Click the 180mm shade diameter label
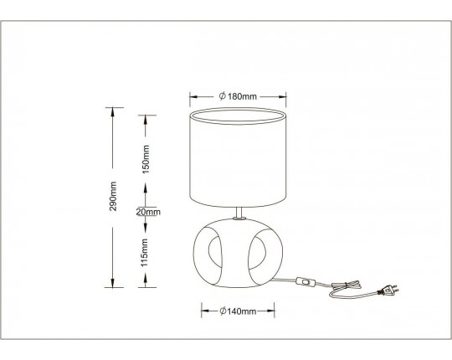[238, 96]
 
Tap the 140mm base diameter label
[238, 311]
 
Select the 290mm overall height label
[113, 196]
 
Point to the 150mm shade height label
[146, 159]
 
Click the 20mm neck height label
[148, 212]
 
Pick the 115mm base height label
[145, 253]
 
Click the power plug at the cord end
[389, 291]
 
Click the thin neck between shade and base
[239, 213]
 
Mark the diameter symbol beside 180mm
[222, 96]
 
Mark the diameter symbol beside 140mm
[223, 311]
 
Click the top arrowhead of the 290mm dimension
[113, 112]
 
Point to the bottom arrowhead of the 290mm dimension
[113, 283]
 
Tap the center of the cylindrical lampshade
[238, 158]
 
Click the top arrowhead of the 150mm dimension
[146, 120]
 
